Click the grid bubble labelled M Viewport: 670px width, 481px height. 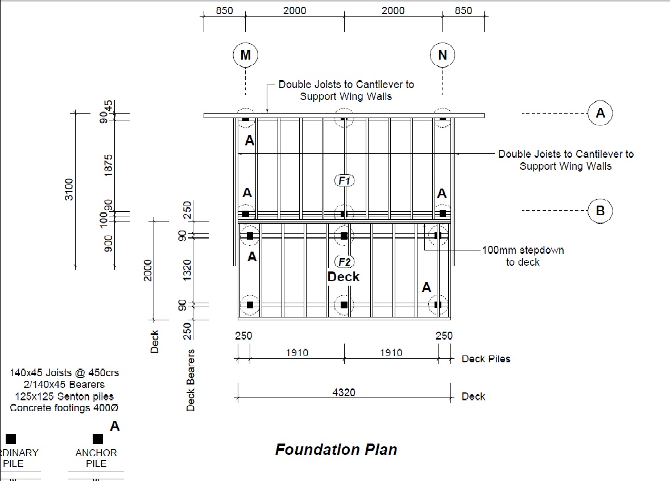[245, 55]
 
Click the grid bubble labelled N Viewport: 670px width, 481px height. [442, 55]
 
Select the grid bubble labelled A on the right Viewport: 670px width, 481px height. [600, 113]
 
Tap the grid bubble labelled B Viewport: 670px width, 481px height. [600, 211]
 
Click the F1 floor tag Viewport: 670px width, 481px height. [344, 181]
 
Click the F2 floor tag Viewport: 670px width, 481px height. [344, 262]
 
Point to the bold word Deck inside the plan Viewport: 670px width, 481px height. [344, 277]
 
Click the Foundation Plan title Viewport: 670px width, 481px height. [336, 450]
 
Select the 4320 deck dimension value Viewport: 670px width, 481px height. [344, 392]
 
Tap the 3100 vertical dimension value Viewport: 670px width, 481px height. [69, 189]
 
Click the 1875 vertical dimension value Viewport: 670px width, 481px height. [109, 165]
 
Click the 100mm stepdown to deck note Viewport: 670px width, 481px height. [523, 256]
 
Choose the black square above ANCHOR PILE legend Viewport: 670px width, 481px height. [98, 439]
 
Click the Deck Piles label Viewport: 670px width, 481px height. [486, 359]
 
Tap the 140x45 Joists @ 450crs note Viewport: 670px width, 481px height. [64, 373]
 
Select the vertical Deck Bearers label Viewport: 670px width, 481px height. [191, 380]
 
